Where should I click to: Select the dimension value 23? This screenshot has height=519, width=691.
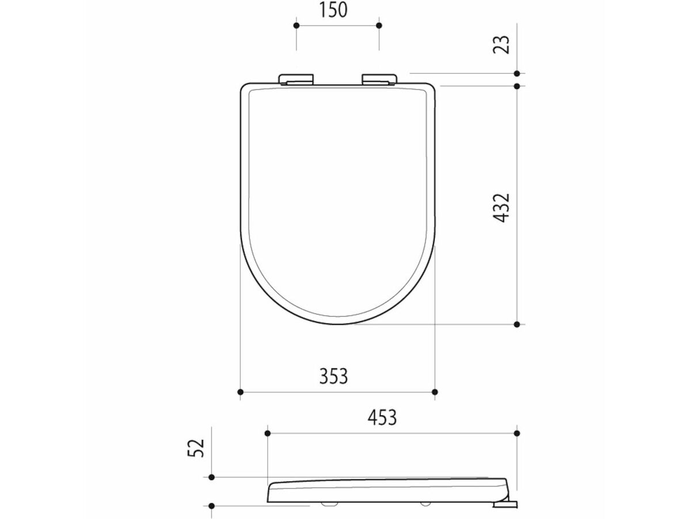[502, 44]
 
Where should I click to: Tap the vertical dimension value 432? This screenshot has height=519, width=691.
[502, 208]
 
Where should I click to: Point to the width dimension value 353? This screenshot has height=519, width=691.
[334, 375]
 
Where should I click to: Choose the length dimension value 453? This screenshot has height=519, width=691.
[382, 416]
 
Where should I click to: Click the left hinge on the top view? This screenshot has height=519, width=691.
[297, 79]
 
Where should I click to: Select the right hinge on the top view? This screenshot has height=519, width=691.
[379, 79]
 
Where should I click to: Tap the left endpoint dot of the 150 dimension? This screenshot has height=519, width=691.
[297, 26]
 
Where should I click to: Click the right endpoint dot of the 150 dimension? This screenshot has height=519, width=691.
[379, 26]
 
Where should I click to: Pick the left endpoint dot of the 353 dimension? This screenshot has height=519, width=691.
[241, 392]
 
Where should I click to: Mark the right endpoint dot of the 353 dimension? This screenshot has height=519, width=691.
[435, 392]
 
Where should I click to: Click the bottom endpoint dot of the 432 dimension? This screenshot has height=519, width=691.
[517, 325]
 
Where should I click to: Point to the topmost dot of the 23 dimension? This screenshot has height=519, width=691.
[517, 73]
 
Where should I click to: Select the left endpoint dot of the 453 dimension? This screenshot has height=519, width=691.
[268, 433]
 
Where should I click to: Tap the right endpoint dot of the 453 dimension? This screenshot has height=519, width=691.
[517, 433]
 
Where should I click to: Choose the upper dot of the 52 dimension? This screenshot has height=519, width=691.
[211, 477]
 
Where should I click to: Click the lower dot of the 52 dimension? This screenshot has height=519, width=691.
[211, 506]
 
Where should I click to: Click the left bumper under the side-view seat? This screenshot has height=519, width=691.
[329, 504]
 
